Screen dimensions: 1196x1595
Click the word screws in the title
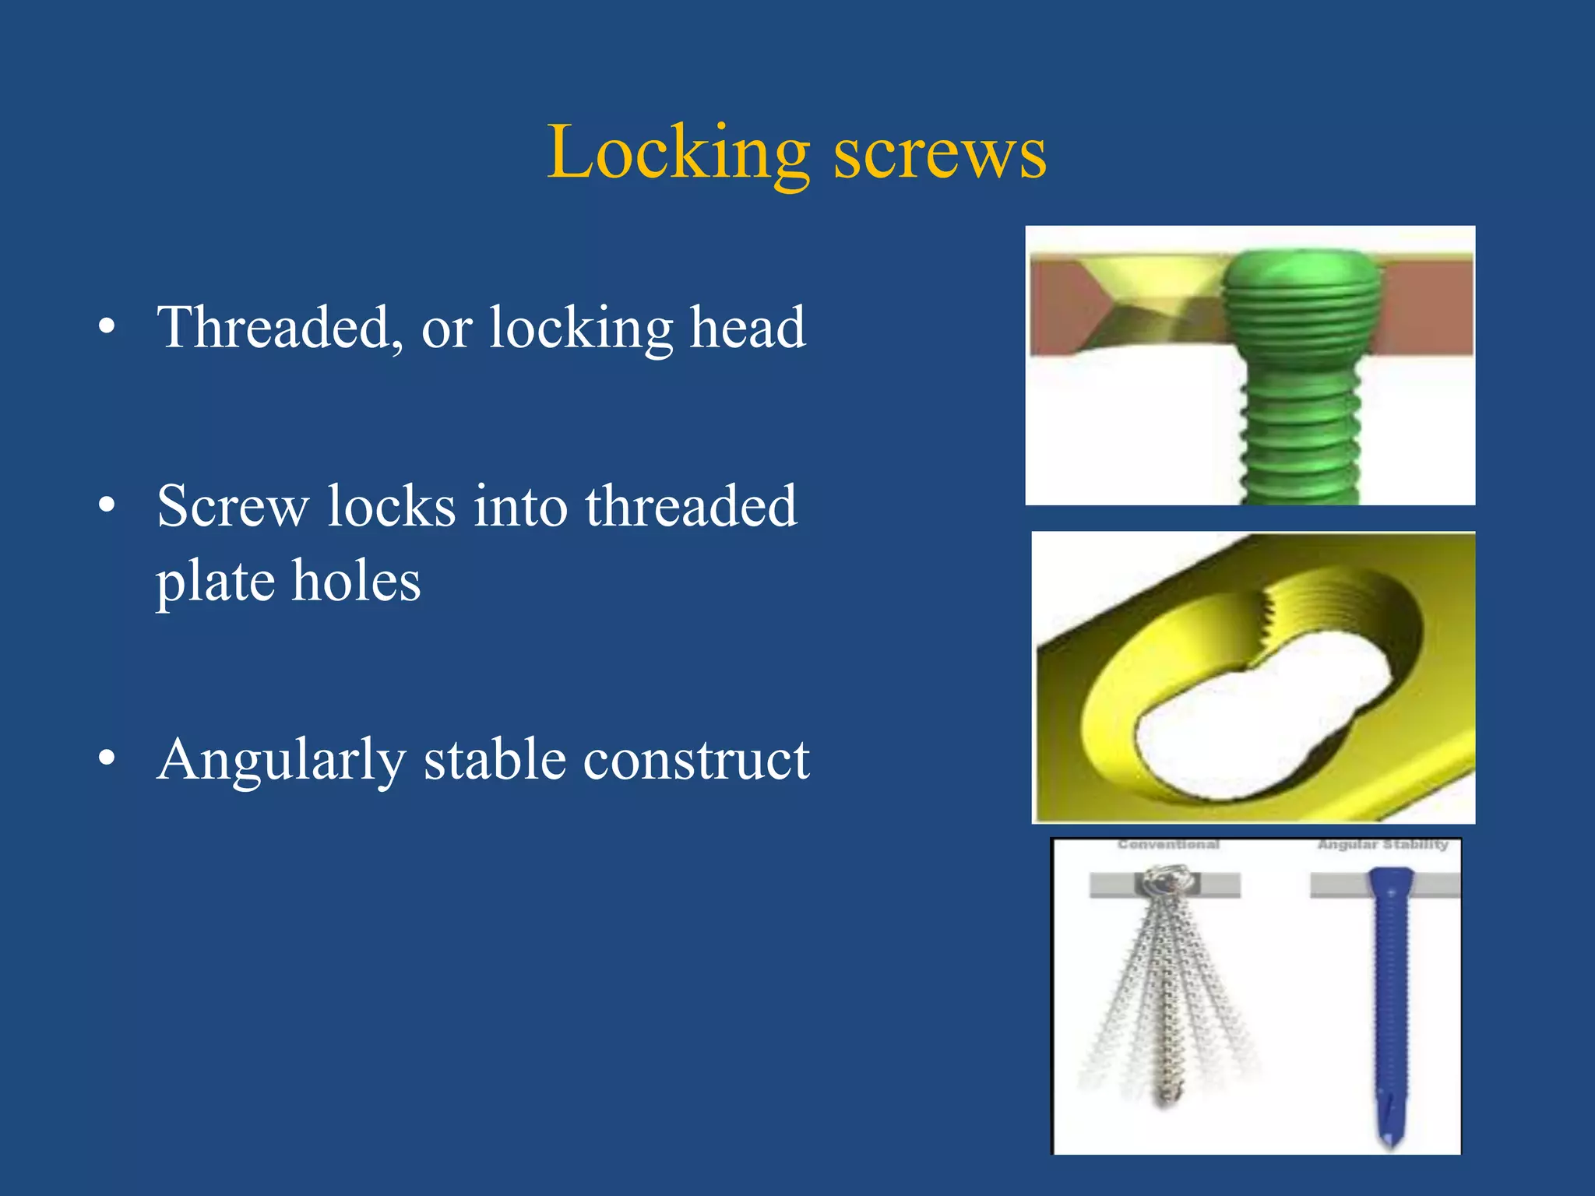[x=940, y=153]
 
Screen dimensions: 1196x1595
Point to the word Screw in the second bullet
[x=233, y=506]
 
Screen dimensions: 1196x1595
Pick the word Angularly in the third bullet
[x=281, y=760]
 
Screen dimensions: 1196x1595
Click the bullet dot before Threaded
[x=107, y=327]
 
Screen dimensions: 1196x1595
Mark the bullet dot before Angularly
[x=107, y=758]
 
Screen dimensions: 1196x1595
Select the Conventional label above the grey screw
[x=1168, y=845]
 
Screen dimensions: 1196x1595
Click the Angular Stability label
[x=1382, y=845]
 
